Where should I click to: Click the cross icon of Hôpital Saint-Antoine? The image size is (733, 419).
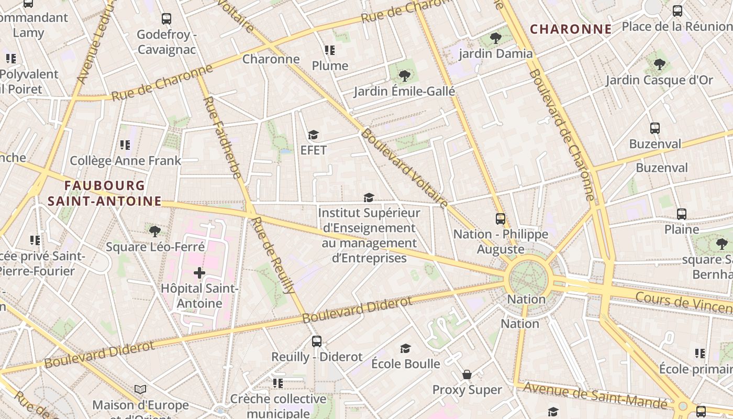[x=199, y=273]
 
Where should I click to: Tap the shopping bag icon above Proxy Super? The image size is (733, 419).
[x=467, y=374]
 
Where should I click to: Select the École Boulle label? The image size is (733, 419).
[x=405, y=363]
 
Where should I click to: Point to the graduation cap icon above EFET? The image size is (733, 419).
[x=313, y=135]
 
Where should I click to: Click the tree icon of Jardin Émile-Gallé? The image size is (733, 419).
[x=404, y=76]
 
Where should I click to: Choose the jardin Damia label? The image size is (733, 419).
[x=495, y=53]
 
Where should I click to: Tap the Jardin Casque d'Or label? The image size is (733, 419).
[x=659, y=80]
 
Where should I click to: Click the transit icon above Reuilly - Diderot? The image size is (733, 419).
[x=317, y=341]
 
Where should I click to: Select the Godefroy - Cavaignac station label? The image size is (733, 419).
[x=166, y=42]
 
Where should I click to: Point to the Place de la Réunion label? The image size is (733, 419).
[x=677, y=26]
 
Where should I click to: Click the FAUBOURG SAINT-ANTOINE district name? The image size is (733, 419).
[x=105, y=193]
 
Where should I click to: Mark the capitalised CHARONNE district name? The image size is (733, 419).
[x=571, y=29]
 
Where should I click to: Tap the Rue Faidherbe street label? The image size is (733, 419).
[x=222, y=137]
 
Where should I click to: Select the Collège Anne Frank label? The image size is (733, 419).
[x=125, y=161]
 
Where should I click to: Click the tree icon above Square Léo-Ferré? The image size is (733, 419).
[x=154, y=231]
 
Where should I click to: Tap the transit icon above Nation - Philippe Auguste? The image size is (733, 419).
[x=501, y=219]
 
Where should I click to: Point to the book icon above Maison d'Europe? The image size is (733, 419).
[x=140, y=389]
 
